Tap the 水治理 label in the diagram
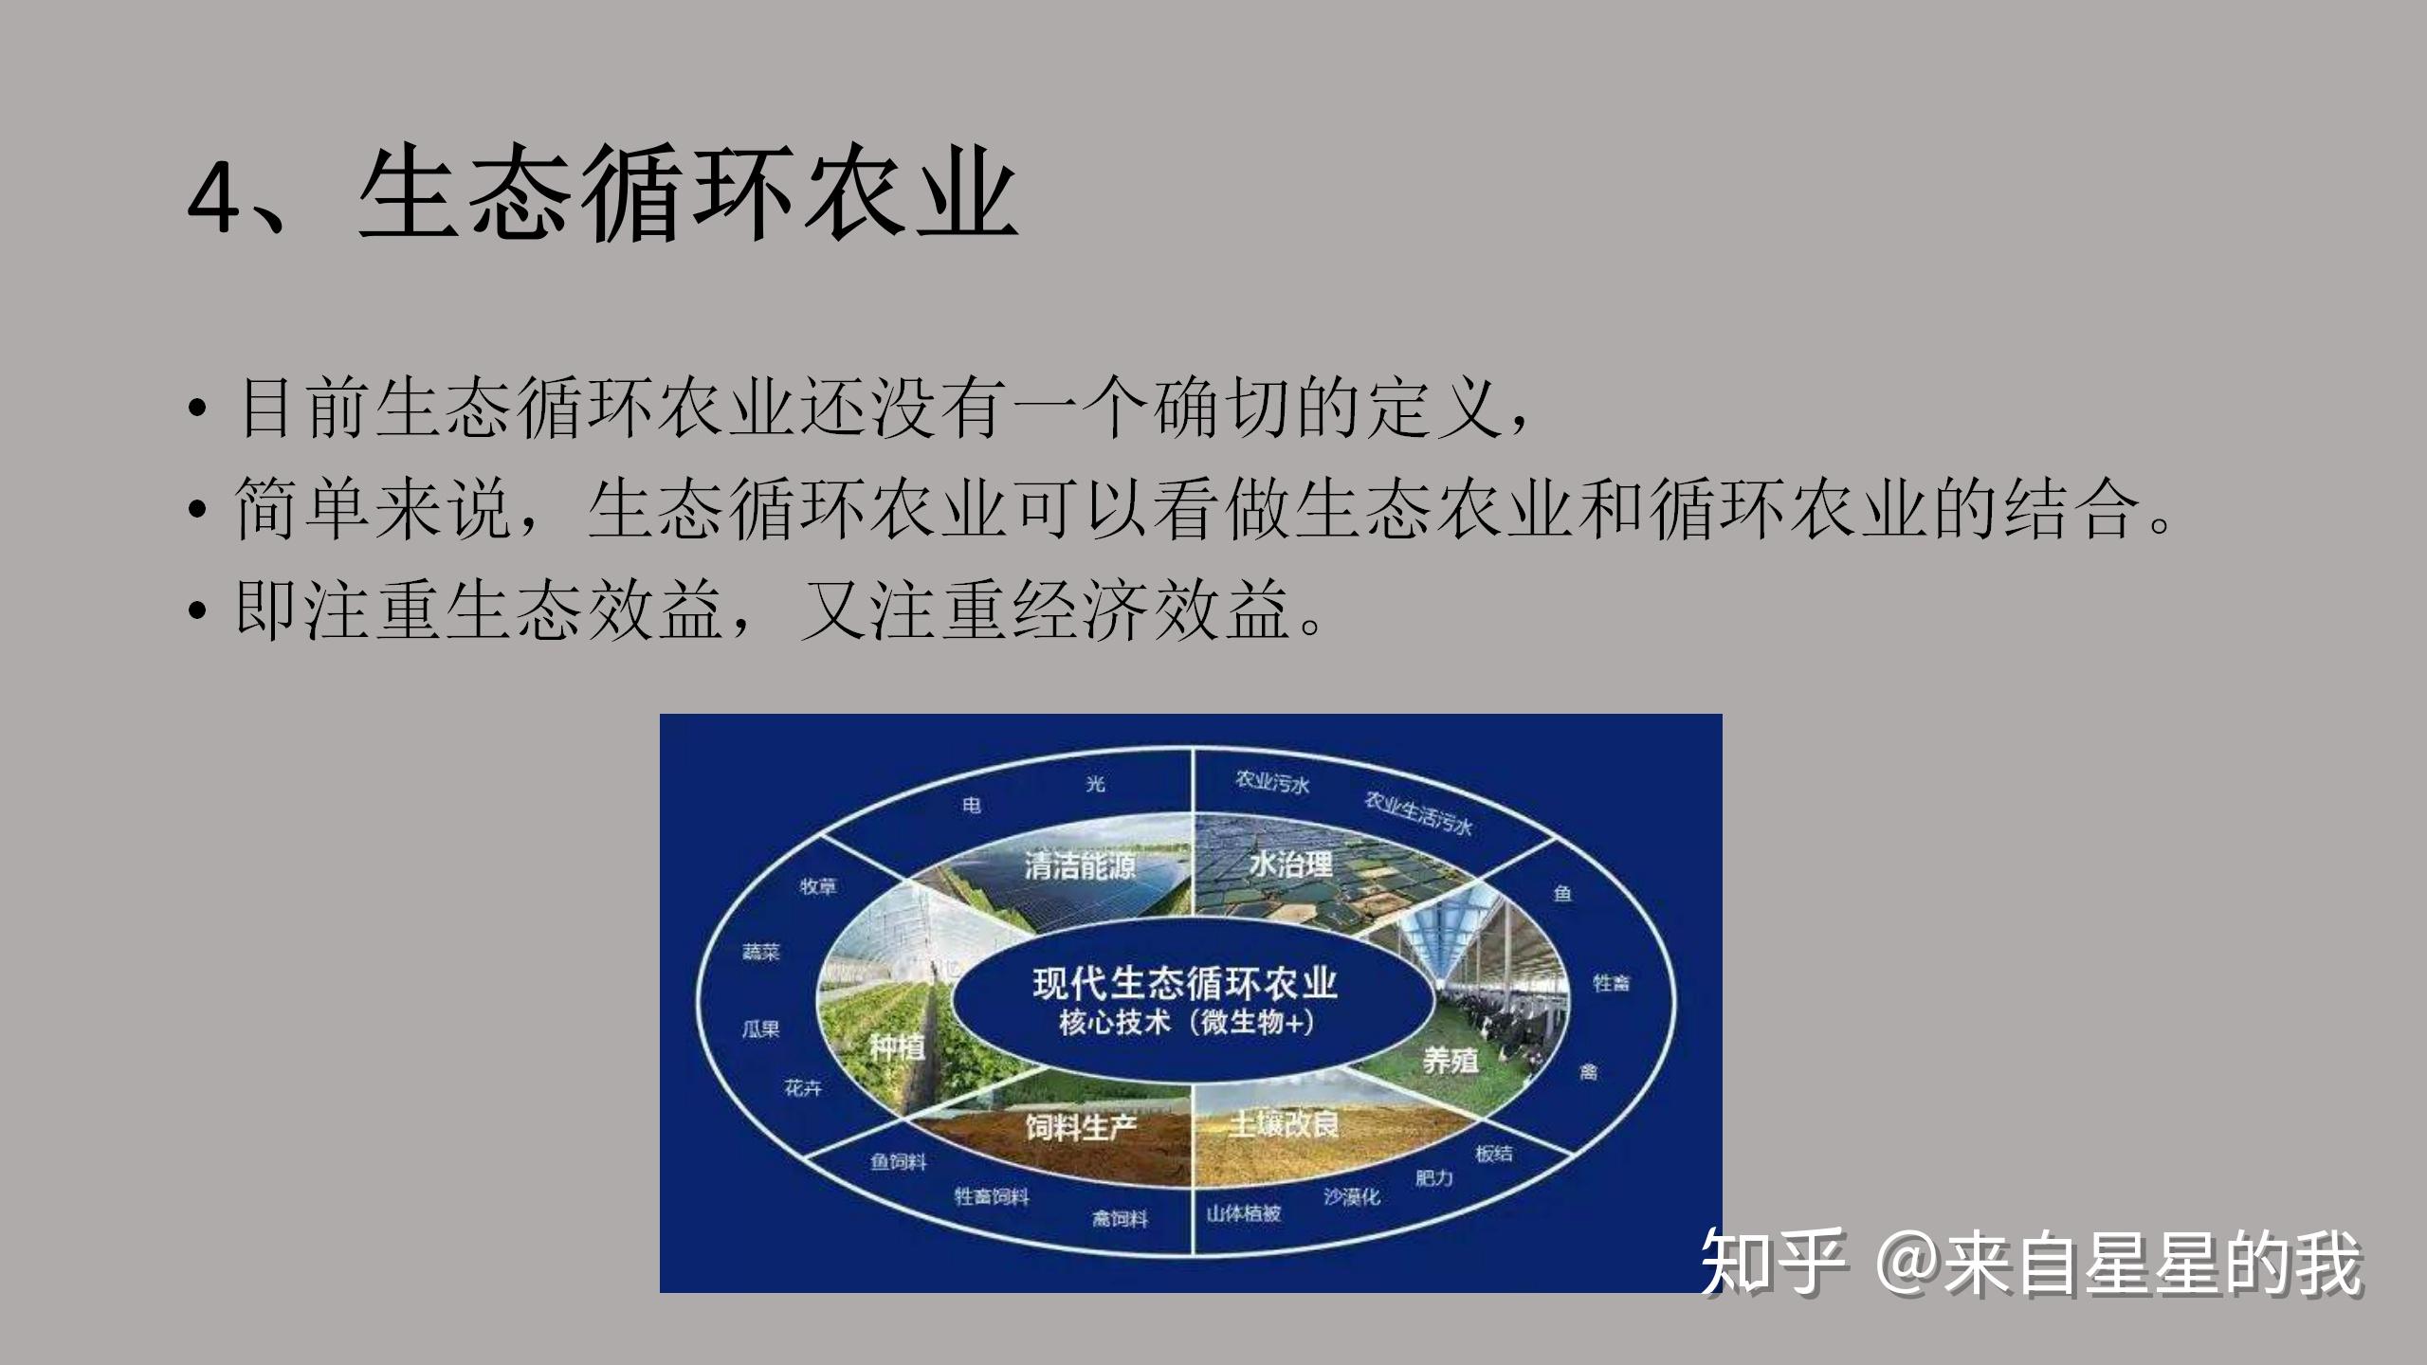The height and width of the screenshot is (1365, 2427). [x=1290, y=864]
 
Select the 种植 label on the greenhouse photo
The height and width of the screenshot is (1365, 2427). [x=896, y=1047]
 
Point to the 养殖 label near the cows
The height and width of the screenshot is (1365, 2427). [x=1451, y=1060]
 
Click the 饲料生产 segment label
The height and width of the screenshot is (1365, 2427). [x=1081, y=1127]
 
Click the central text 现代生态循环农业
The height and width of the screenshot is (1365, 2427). [x=1185, y=983]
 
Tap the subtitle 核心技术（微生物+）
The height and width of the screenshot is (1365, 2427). [x=1185, y=1024]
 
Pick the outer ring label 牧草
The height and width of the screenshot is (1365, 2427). [x=817, y=886]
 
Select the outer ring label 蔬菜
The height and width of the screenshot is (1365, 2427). [x=760, y=952]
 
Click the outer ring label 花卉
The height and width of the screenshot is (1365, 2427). [x=802, y=1087]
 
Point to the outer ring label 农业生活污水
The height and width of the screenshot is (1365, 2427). [x=1417, y=813]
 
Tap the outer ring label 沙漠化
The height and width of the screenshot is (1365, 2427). [x=1352, y=1197]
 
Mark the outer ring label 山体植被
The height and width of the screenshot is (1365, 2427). [x=1243, y=1213]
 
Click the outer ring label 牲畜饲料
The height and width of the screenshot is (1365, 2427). [x=991, y=1197]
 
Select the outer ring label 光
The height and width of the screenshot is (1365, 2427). [x=1095, y=784]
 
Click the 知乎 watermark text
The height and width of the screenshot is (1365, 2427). [x=1773, y=1262]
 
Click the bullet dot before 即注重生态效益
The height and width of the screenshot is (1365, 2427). [x=196, y=611]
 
